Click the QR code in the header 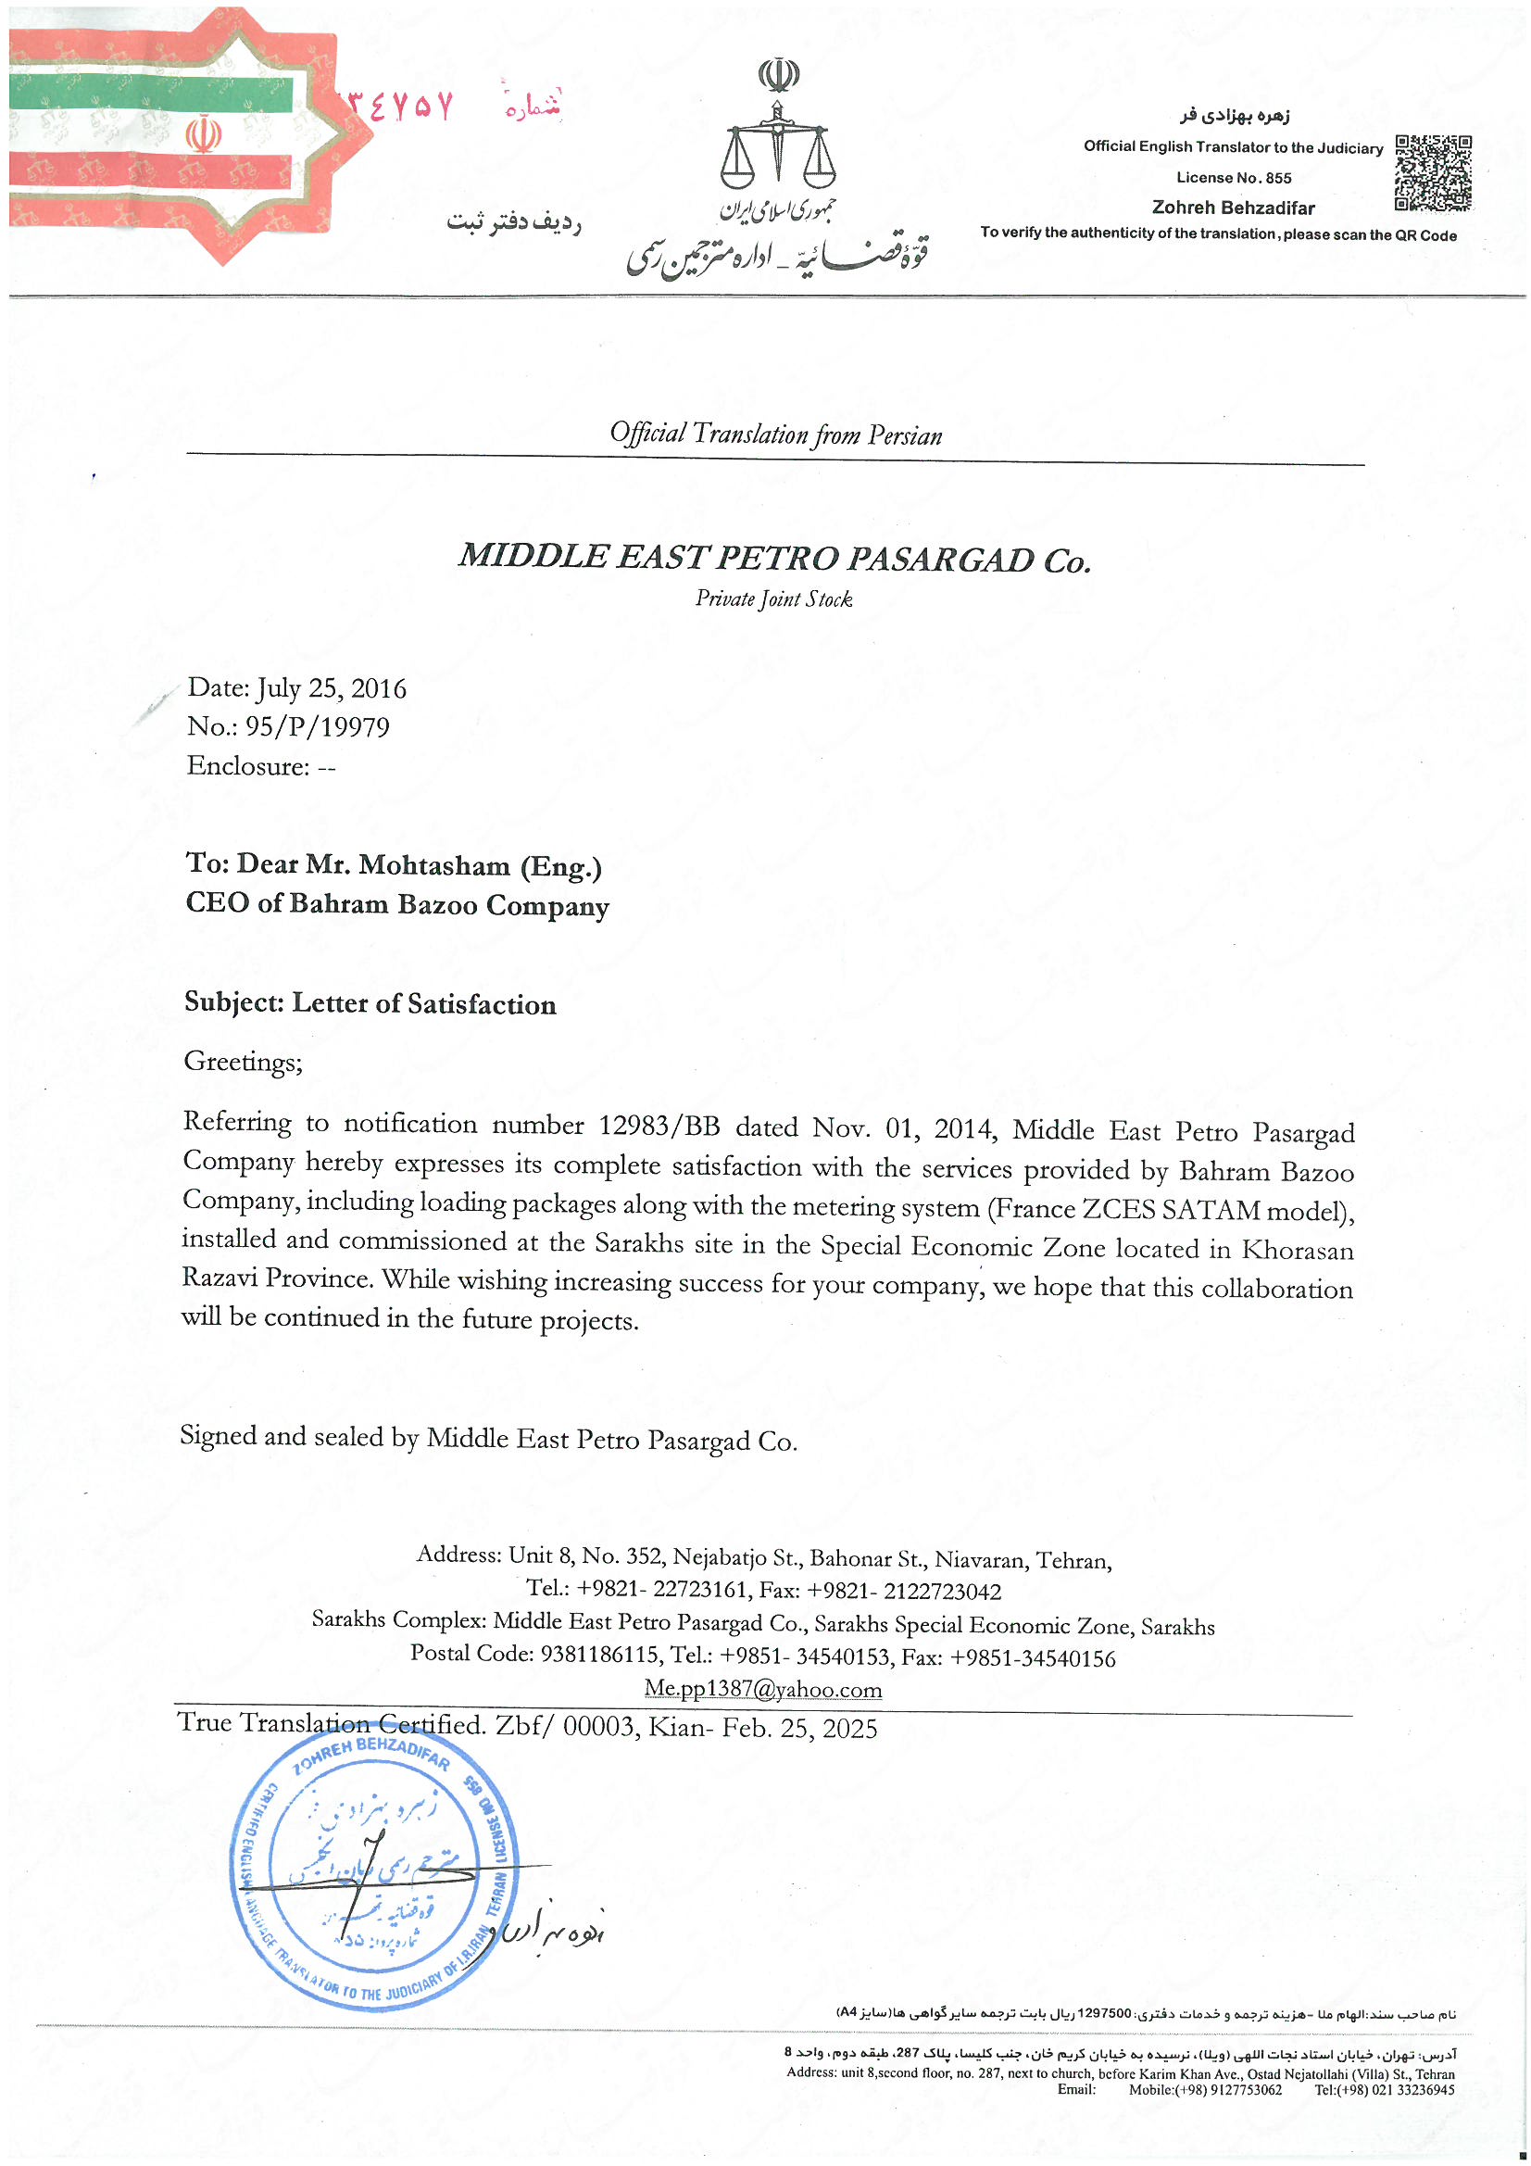pos(1432,173)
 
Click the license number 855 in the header pos(1278,178)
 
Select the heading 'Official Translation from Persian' pos(775,434)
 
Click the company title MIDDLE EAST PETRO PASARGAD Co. pos(774,559)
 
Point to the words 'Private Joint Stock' pos(773,599)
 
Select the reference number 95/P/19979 pos(317,727)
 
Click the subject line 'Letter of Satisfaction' pos(423,1003)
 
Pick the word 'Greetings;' pos(244,1063)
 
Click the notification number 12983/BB pos(659,1127)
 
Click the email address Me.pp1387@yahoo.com pos(763,1689)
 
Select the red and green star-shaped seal pos(169,132)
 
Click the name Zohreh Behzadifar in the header pos(1233,208)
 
